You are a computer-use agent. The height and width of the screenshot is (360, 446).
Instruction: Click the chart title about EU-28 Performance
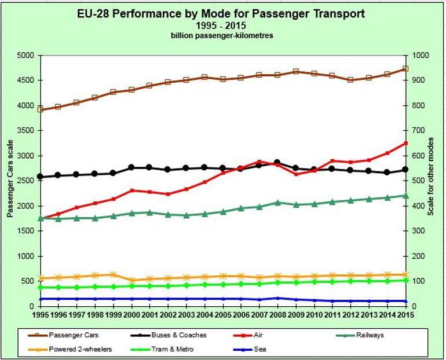222,13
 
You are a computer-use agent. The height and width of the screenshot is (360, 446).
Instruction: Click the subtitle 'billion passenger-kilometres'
222,36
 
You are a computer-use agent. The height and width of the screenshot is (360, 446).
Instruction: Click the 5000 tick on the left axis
26,56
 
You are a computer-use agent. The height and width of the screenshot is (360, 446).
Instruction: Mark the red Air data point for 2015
405,143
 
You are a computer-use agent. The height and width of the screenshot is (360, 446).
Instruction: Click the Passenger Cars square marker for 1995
41,109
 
